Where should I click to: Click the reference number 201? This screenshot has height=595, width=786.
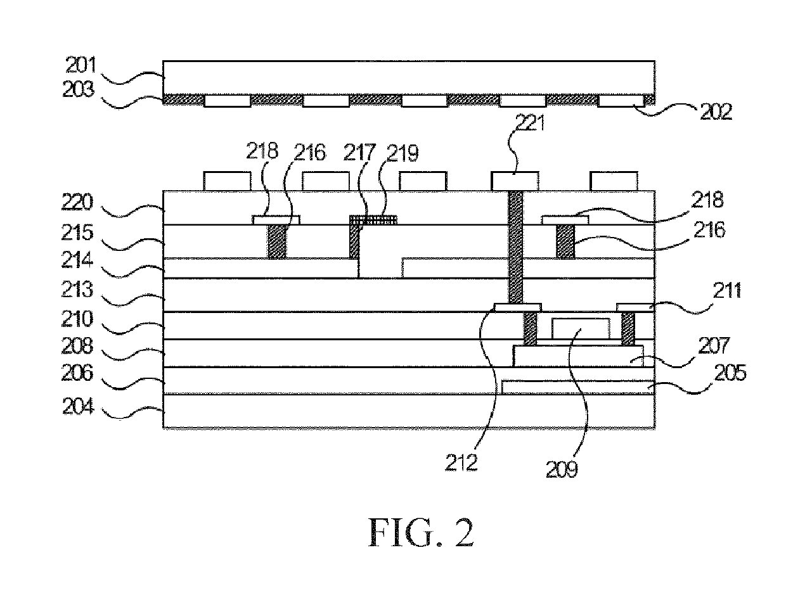click(81, 65)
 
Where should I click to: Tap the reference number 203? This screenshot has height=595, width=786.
click(79, 89)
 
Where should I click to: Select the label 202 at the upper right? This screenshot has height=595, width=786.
click(716, 112)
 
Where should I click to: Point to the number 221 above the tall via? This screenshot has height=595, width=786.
click(530, 123)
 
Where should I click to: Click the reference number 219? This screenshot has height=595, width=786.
click(403, 153)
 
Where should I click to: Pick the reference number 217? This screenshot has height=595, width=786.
click(359, 153)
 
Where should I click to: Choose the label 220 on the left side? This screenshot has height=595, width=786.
click(77, 202)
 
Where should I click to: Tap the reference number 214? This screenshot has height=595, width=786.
click(77, 260)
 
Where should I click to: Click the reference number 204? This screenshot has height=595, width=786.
click(78, 406)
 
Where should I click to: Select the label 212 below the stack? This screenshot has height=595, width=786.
click(461, 463)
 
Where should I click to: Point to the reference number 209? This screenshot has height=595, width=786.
click(562, 470)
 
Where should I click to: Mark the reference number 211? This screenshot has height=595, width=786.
click(726, 290)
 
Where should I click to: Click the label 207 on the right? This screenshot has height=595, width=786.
click(714, 345)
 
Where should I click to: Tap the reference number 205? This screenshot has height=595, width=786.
click(730, 373)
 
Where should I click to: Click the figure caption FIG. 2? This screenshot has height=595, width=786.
click(421, 532)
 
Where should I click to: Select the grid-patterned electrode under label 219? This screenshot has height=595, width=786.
click(373, 220)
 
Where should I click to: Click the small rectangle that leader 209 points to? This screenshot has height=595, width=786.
click(581, 328)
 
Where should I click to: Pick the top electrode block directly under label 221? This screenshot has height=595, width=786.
click(515, 181)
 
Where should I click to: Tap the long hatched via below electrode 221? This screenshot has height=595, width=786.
click(515, 247)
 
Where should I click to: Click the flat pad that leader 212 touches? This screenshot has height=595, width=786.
click(518, 307)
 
